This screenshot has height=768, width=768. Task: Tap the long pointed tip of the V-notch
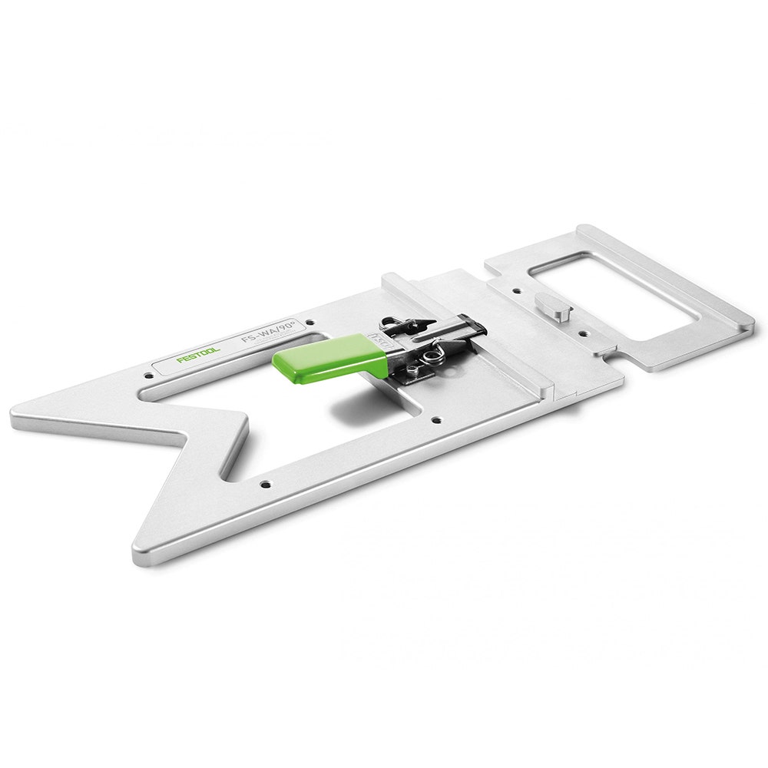click(x=17, y=419)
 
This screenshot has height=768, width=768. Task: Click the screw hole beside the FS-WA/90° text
click(x=310, y=323)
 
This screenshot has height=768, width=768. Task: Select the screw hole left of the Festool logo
click(x=148, y=376)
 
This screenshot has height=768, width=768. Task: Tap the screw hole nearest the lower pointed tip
click(x=265, y=484)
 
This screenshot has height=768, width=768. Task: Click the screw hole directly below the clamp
click(x=435, y=420)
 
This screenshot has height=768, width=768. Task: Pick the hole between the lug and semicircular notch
click(x=581, y=335)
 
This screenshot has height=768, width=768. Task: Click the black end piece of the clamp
click(x=475, y=326)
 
